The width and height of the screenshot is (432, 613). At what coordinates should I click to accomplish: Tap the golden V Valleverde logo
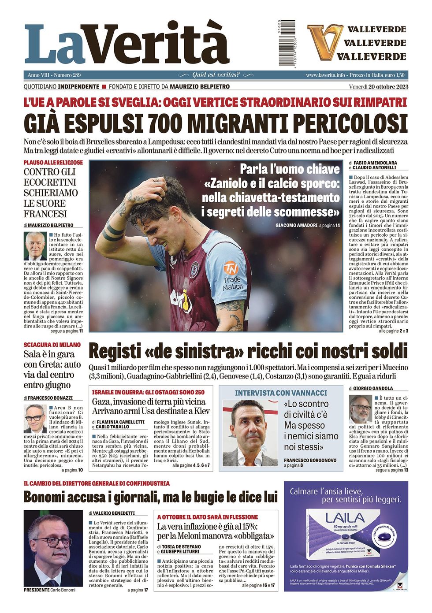click(x=325, y=42)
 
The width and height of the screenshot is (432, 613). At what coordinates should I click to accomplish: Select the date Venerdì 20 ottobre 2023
click(x=378, y=86)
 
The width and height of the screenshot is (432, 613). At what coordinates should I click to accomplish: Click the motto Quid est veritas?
click(x=216, y=75)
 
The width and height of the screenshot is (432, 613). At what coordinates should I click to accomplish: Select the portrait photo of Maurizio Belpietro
click(x=35, y=245)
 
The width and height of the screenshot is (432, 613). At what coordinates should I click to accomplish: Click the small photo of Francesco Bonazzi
click(x=35, y=418)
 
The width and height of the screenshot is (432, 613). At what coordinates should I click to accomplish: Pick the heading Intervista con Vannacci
click(x=281, y=393)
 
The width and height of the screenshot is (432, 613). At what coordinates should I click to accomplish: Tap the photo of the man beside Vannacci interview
click(x=250, y=433)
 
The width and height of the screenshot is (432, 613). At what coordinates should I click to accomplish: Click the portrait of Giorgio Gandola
click(x=361, y=409)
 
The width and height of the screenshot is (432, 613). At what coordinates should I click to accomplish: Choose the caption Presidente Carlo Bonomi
click(x=50, y=590)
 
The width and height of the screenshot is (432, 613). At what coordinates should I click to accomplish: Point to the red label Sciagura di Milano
click(x=52, y=345)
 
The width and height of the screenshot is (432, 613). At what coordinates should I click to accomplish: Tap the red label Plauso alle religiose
click(x=53, y=163)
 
